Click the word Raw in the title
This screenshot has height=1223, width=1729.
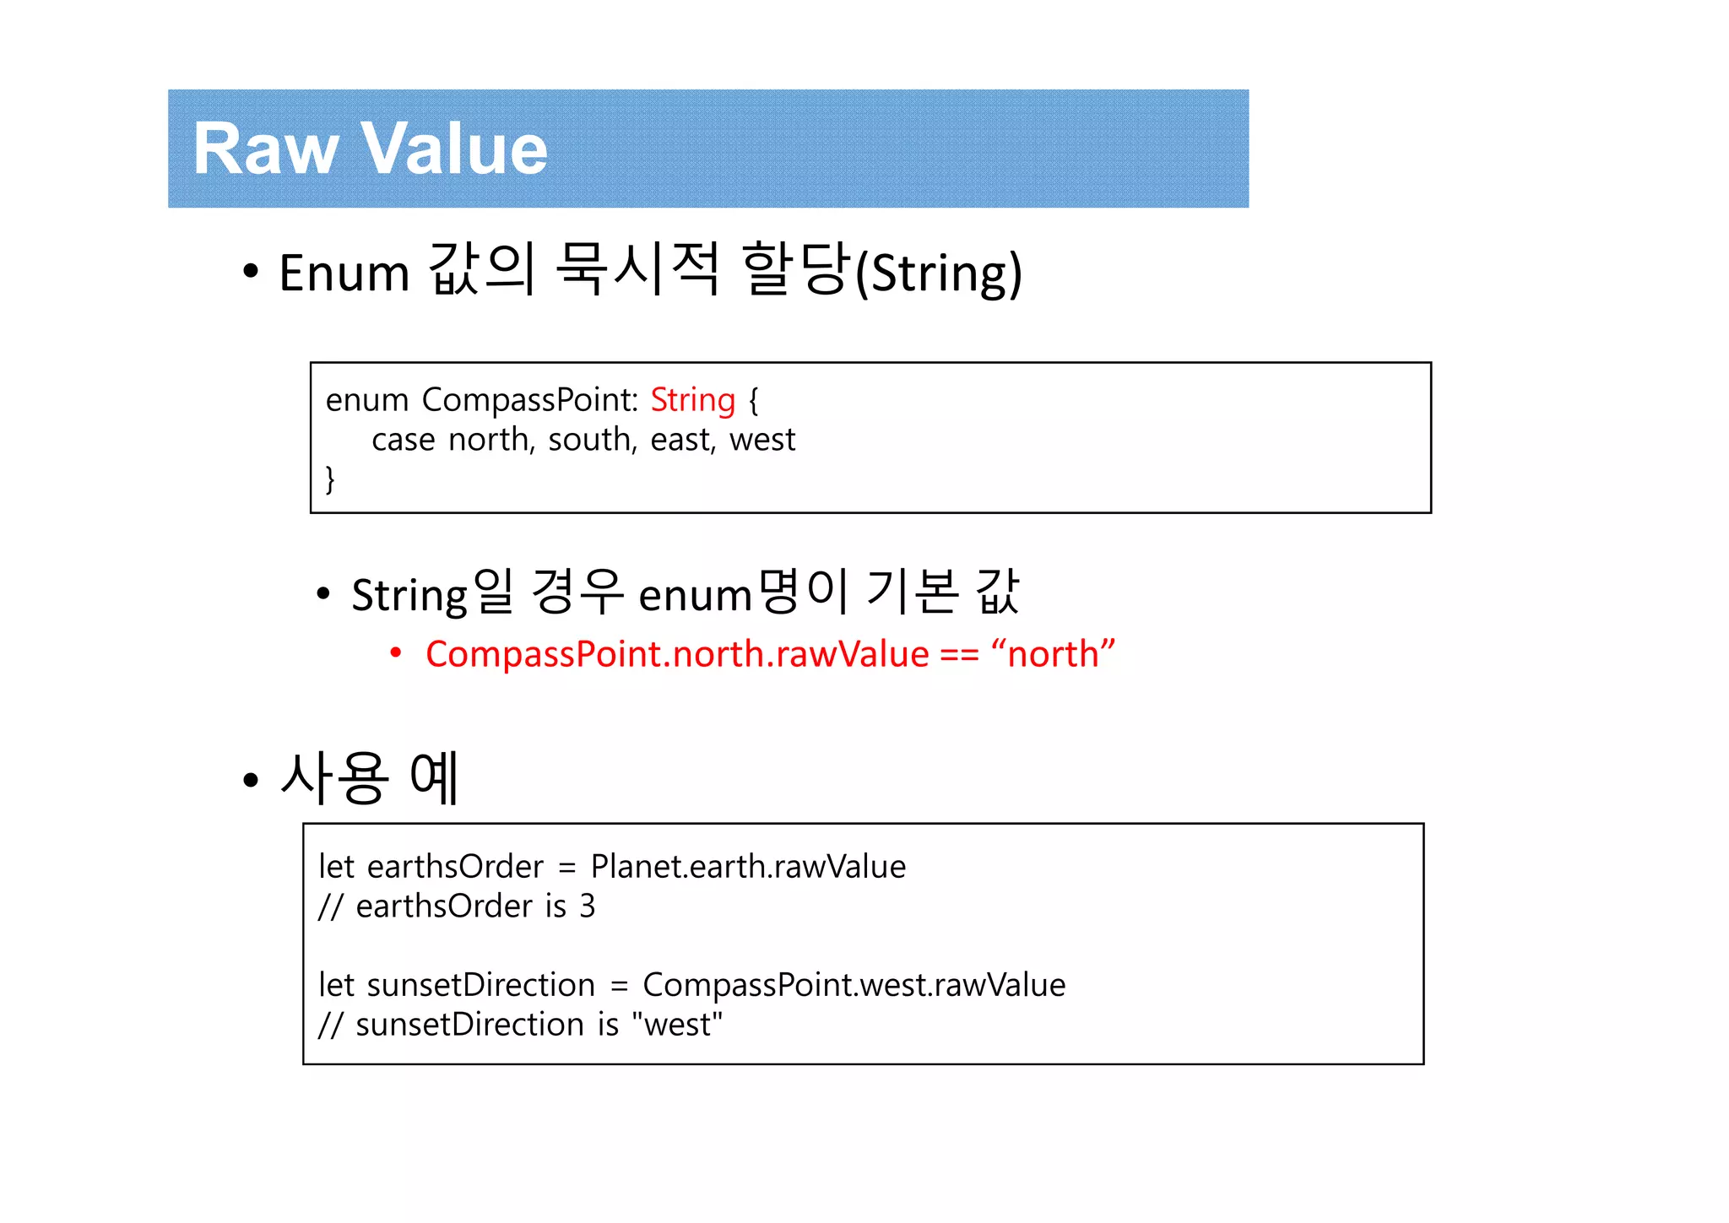265,149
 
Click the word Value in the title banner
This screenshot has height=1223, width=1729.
456,149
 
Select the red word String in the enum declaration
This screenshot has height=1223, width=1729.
692,400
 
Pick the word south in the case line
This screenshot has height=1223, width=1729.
592,440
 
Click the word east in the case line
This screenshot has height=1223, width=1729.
682,440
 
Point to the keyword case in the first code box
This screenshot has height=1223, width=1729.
404,440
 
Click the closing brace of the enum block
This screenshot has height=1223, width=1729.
330,479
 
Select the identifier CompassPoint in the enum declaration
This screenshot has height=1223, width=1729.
530,400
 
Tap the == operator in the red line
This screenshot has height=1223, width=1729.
960,654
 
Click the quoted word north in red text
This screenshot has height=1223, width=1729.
1053,654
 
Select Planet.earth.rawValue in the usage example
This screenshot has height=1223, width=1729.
748,867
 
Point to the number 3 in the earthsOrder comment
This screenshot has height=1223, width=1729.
587,906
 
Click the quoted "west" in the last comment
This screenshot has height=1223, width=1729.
682,1025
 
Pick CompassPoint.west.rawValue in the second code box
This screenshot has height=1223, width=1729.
854,985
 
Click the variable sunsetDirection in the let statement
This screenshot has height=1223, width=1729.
481,985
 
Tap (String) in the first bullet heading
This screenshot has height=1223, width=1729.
938,273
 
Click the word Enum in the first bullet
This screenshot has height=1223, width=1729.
344,273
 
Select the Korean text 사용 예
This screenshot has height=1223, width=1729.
370,777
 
